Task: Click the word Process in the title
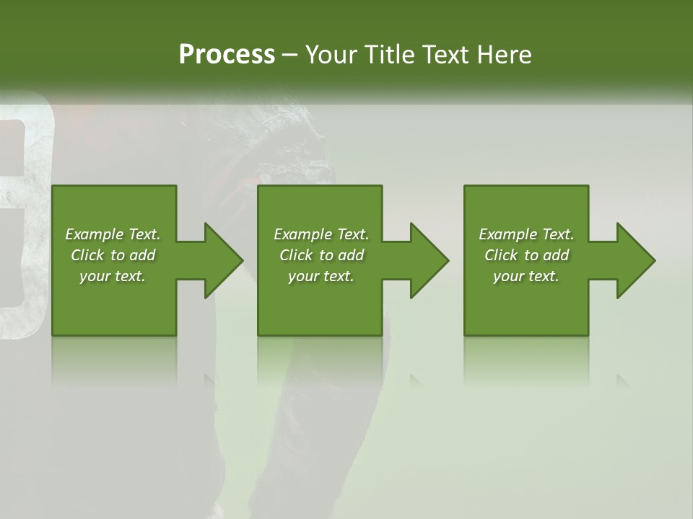227,55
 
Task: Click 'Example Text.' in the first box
113,234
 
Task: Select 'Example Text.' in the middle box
321,234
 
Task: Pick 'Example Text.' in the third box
526,234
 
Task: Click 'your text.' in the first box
113,276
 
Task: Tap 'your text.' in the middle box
321,276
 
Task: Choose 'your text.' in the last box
526,276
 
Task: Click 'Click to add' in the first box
113,255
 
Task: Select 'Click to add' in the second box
321,255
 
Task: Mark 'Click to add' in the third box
526,255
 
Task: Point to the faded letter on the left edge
22,216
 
